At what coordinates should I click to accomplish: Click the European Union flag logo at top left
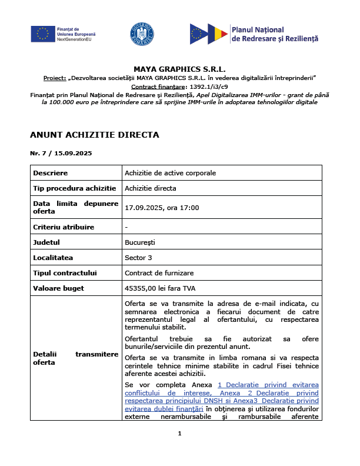(42, 34)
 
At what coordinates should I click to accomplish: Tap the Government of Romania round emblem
(142, 34)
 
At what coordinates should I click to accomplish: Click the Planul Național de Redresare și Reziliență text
(275, 34)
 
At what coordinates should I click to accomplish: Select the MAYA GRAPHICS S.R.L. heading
(179, 69)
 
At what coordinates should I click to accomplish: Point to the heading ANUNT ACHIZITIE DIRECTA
(94, 135)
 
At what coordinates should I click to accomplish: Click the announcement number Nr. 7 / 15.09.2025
(61, 153)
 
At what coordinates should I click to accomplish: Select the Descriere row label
(51, 173)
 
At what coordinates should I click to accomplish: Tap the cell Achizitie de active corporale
(170, 173)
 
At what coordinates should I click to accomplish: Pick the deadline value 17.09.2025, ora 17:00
(162, 208)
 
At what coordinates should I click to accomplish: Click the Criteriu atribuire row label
(64, 227)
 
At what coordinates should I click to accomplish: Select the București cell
(139, 242)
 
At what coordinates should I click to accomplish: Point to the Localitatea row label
(54, 258)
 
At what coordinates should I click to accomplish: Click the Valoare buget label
(59, 288)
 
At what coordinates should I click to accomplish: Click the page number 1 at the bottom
(179, 434)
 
